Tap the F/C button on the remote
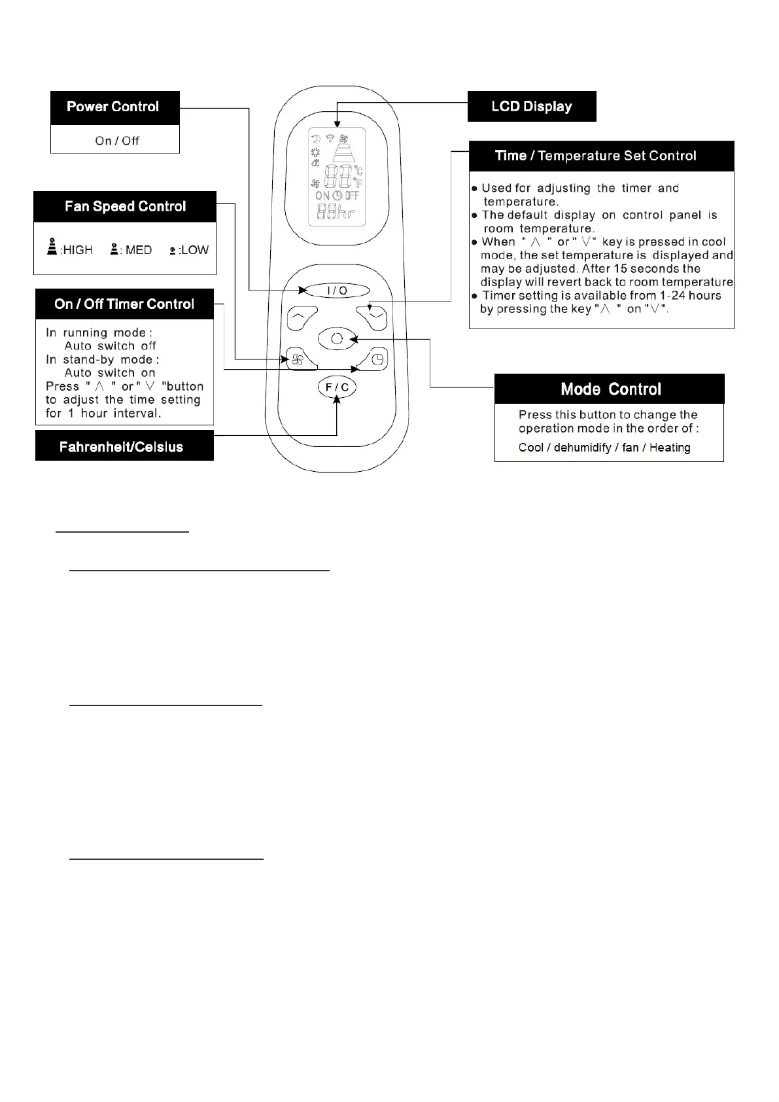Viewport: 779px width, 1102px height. (x=338, y=387)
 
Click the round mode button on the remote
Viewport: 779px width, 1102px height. (x=337, y=338)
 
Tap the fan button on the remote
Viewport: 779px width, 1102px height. (x=298, y=359)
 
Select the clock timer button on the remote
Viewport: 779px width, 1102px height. (x=376, y=359)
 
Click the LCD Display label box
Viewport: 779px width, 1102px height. (x=532, y=107)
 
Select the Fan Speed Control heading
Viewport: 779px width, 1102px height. (x=125, y=207)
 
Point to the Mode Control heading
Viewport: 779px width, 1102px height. (x=610, y=389)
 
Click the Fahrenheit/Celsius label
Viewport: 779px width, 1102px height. (x=122, y=447)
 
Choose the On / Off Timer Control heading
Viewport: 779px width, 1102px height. (x=124, y=304)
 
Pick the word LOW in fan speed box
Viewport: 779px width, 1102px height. (x=195, y=250)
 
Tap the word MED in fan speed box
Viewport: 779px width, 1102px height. (x=139, y=250)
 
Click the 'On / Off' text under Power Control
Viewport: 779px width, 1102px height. (x=117, y=141)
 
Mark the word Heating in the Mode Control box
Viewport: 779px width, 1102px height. (x=670, y=448)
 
